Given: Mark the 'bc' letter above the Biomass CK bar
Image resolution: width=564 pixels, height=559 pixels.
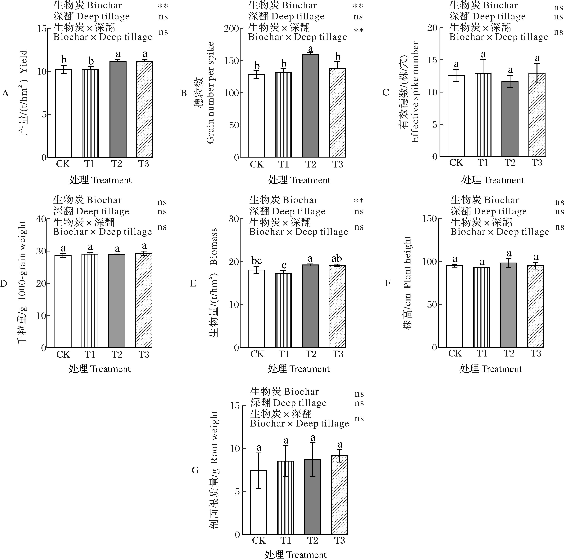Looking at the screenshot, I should coord(257,260).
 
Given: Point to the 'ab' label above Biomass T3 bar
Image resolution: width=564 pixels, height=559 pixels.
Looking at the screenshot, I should coord(337,258).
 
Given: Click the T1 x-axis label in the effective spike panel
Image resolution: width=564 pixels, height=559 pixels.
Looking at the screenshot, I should coord(483,163).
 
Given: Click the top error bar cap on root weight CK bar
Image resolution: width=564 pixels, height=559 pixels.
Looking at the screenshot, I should coord(259,453).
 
